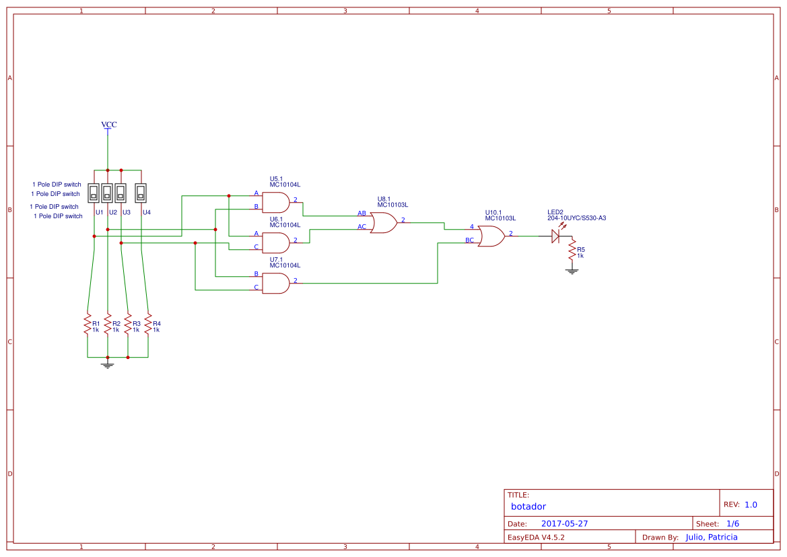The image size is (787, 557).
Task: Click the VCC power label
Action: (x=108, y=125)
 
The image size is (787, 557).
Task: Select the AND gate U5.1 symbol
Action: (x=275, y=202)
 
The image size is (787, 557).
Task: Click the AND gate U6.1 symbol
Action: (x=275, y=242)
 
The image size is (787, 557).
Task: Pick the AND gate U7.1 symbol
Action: (x=275, y=283)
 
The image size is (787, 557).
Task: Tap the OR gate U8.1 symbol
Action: (x=383, y=222)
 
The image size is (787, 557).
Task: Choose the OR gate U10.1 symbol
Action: (x=491, y=236)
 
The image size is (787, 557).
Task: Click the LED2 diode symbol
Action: (x=555, y=236)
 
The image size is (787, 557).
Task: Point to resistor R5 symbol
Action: (x=572, y=251)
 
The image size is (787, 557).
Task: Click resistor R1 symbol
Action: (x=87, y=324)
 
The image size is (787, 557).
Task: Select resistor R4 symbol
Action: (x=147, y=324)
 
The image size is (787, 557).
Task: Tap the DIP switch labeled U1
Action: (x=94, y=193)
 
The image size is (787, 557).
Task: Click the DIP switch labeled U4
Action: (x=141, y=193)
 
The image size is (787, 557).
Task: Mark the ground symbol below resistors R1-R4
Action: (x=107, y=364)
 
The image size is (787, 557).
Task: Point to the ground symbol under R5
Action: (x=572, y=271)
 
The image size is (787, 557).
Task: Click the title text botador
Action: (x=528, y=506)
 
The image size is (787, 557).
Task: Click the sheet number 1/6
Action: (x=732, y=523)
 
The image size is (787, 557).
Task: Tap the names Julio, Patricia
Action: (x=712, y=537)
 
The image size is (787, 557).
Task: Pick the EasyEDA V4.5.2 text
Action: (x=536, y=537)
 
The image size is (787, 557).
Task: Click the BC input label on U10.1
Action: (x=469, y=240)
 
